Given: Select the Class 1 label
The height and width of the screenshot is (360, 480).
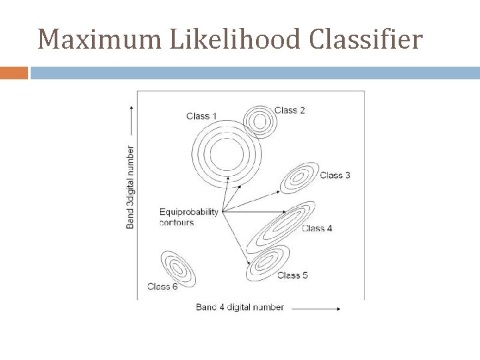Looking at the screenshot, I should point(202,116).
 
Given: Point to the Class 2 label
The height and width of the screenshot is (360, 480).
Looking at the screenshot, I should point(290,110).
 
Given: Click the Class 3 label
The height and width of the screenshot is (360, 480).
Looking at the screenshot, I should point(335,175).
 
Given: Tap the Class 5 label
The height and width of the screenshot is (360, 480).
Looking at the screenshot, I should point(292,275).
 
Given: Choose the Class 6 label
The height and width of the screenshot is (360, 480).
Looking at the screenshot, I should point(162,287).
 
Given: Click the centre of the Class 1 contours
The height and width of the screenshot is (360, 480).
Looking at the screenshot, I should point(225,155).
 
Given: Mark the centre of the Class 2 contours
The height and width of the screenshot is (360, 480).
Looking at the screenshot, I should point(259,121).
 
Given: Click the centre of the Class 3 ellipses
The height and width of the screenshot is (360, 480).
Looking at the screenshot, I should point(299,178).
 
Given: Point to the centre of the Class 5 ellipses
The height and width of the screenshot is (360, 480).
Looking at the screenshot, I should point(269,261).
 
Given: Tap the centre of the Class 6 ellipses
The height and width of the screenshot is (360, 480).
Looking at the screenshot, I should point(177,269).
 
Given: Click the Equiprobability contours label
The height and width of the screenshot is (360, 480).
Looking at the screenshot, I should point(189,217).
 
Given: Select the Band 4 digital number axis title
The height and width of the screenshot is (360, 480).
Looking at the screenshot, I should point(240,307).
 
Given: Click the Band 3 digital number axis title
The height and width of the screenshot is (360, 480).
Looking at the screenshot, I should point(130,187).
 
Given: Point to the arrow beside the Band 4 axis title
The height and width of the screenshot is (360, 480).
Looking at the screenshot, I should point(317,308).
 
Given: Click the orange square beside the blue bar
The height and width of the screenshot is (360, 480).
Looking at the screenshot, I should point(14,73).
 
